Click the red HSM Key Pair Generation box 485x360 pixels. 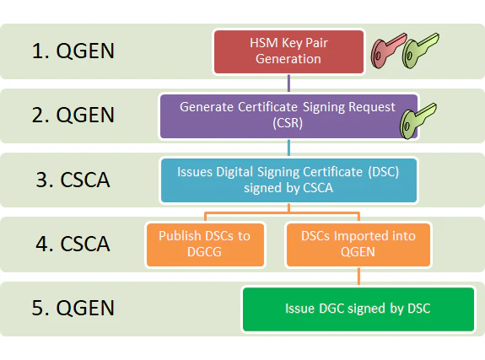pos(288,51)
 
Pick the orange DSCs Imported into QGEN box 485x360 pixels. pos(358,244)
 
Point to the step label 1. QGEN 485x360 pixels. pos(73,51)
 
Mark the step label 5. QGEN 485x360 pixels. pos(73,308)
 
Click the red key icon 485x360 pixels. pos(387,53)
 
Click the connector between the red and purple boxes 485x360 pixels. pos(288,83)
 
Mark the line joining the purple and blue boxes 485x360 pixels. pos(288,148)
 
